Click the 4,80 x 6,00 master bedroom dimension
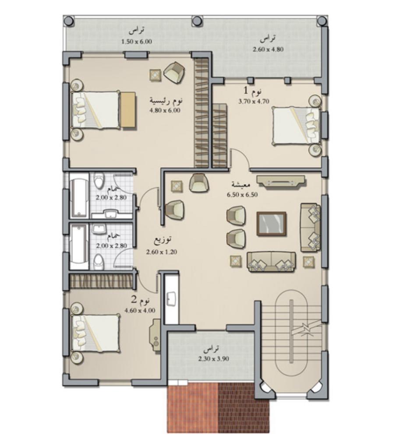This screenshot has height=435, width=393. (x=165, y=110)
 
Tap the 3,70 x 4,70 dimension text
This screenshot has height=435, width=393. (x=254, y=101)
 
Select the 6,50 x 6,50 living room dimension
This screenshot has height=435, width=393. (x=242, y=194)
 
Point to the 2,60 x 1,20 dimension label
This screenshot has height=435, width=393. (x=161, y=252)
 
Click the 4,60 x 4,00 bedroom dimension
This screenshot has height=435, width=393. (x=140, y=310)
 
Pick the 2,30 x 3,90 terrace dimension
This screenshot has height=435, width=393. (x=213, y=359)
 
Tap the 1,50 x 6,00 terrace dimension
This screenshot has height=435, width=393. (x=137, y=42)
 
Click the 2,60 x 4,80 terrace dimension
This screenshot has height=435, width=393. (x=268, y=49)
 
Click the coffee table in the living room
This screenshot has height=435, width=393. (x=271, y=224)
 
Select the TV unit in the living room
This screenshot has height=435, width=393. (x=281, y=182)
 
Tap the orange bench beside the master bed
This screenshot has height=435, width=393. (x=128, y=110)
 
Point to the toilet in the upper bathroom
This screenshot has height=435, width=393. (x=98, y=181)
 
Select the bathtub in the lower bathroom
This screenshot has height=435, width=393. (x=78, y=247)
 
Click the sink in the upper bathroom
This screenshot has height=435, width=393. (x=112, y=214)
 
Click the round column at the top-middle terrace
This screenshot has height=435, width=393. (x=197, y=21)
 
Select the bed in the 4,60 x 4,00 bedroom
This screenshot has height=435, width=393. (x=96, y=333)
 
